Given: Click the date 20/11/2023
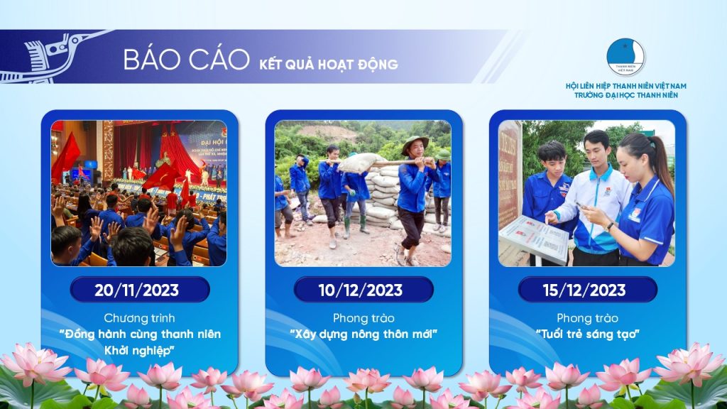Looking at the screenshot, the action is (x=137, y=290).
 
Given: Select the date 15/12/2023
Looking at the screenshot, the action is (x=584, y=290).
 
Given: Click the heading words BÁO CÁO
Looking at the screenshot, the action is (x=187, y=60).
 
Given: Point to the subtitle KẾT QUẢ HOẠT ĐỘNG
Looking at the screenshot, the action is (x=328, y=65).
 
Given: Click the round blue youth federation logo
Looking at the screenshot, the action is (x=625, y=57).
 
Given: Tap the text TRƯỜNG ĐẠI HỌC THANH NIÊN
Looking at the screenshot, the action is (x=626, y=95).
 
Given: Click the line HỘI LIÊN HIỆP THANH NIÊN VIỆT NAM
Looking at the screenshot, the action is (x=626, y=86).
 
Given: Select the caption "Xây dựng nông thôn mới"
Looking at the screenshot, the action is (x=363, y=334).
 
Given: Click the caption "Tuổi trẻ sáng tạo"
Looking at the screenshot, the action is (x=587, y=334).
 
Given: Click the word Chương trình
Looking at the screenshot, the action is (x=139, y=318).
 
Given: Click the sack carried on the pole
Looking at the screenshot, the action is (x=360, y=163).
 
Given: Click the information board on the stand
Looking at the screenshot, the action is (x=534, y=238).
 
